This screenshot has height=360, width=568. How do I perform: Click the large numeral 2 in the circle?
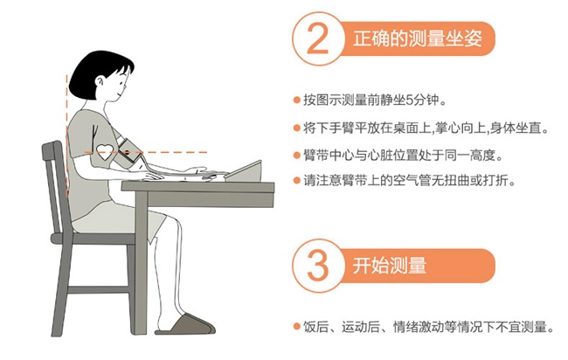point(318,38)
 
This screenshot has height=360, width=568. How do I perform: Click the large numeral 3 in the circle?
point(318,266)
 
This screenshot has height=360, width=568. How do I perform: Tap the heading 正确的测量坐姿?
point(418,38)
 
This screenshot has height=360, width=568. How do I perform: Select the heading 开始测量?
point(390,266)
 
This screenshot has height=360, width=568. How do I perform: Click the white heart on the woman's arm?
point(106,152)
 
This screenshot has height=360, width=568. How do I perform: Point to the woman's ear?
point(100,81)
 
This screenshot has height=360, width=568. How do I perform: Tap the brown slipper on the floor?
point(185,324)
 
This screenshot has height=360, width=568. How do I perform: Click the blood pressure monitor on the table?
point(244,172)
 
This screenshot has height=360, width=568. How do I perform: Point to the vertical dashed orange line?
point(66,135)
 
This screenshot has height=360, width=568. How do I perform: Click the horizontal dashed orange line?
point(146,152)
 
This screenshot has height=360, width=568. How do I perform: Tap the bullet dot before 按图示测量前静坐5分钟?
point(297,100)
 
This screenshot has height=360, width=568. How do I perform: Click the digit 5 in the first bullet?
point(410,100)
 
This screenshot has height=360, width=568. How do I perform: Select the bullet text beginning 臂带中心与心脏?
point(403,156)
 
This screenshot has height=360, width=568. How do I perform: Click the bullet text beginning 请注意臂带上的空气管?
point(410,180)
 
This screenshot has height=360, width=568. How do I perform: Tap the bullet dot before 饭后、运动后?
point(297,327)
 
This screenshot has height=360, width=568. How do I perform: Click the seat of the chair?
point(93,239)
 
